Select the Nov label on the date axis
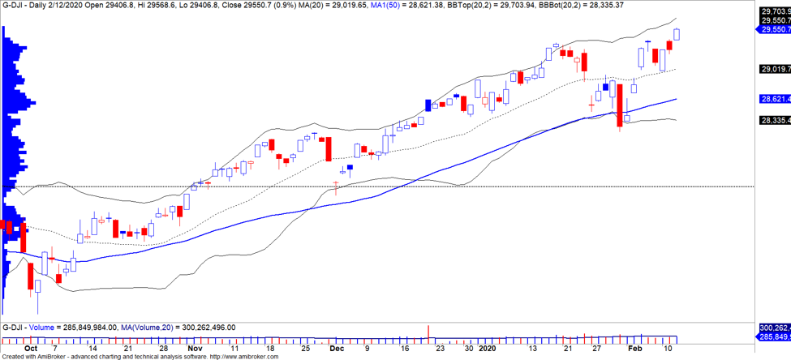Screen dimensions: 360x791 coord(195,348)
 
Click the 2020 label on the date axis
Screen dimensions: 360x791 coord(485,348)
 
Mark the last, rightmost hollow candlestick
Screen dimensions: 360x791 coord(677,33)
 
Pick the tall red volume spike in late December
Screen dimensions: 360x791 coord(428,331)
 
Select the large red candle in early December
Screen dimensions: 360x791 coord(329,148)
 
